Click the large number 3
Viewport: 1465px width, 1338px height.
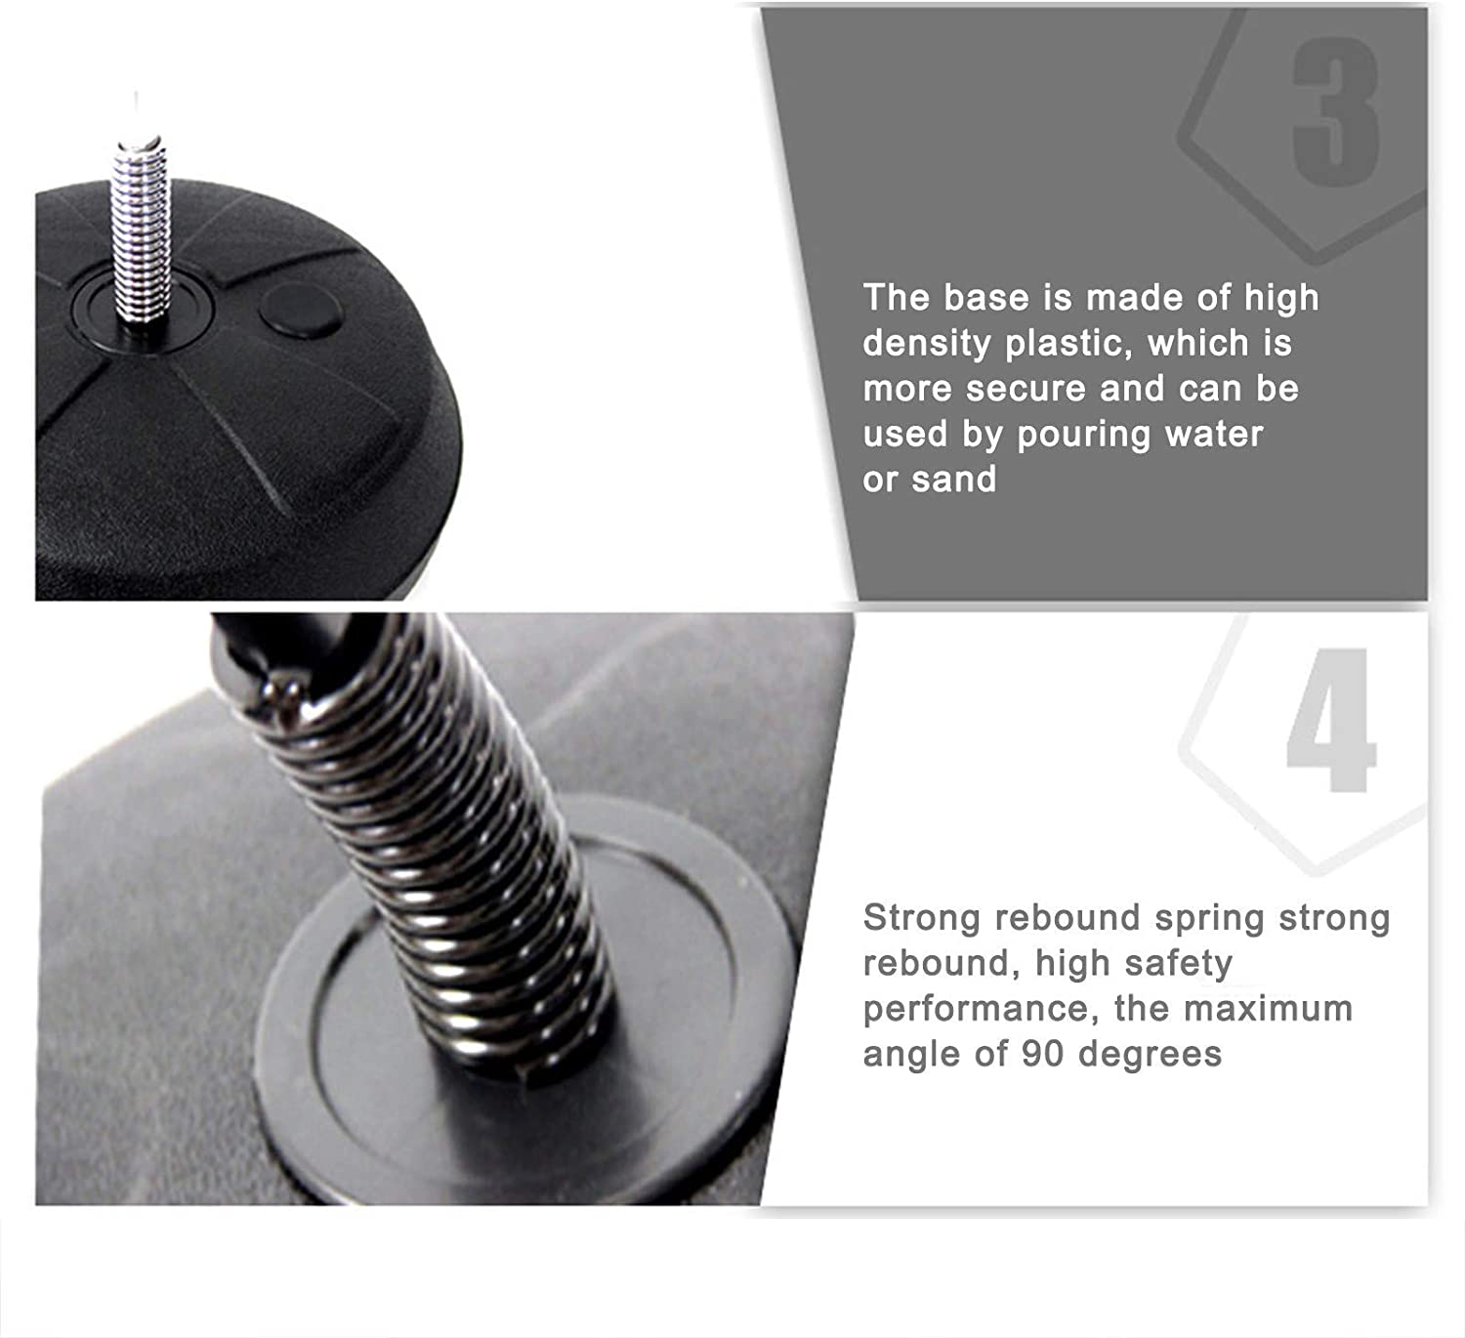1335,114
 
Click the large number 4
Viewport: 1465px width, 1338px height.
1330,720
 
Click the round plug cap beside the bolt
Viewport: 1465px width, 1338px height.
301,312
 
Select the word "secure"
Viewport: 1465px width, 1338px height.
1026,389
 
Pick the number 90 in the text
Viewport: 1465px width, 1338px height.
1043,1055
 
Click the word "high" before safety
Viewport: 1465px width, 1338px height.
1072,965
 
